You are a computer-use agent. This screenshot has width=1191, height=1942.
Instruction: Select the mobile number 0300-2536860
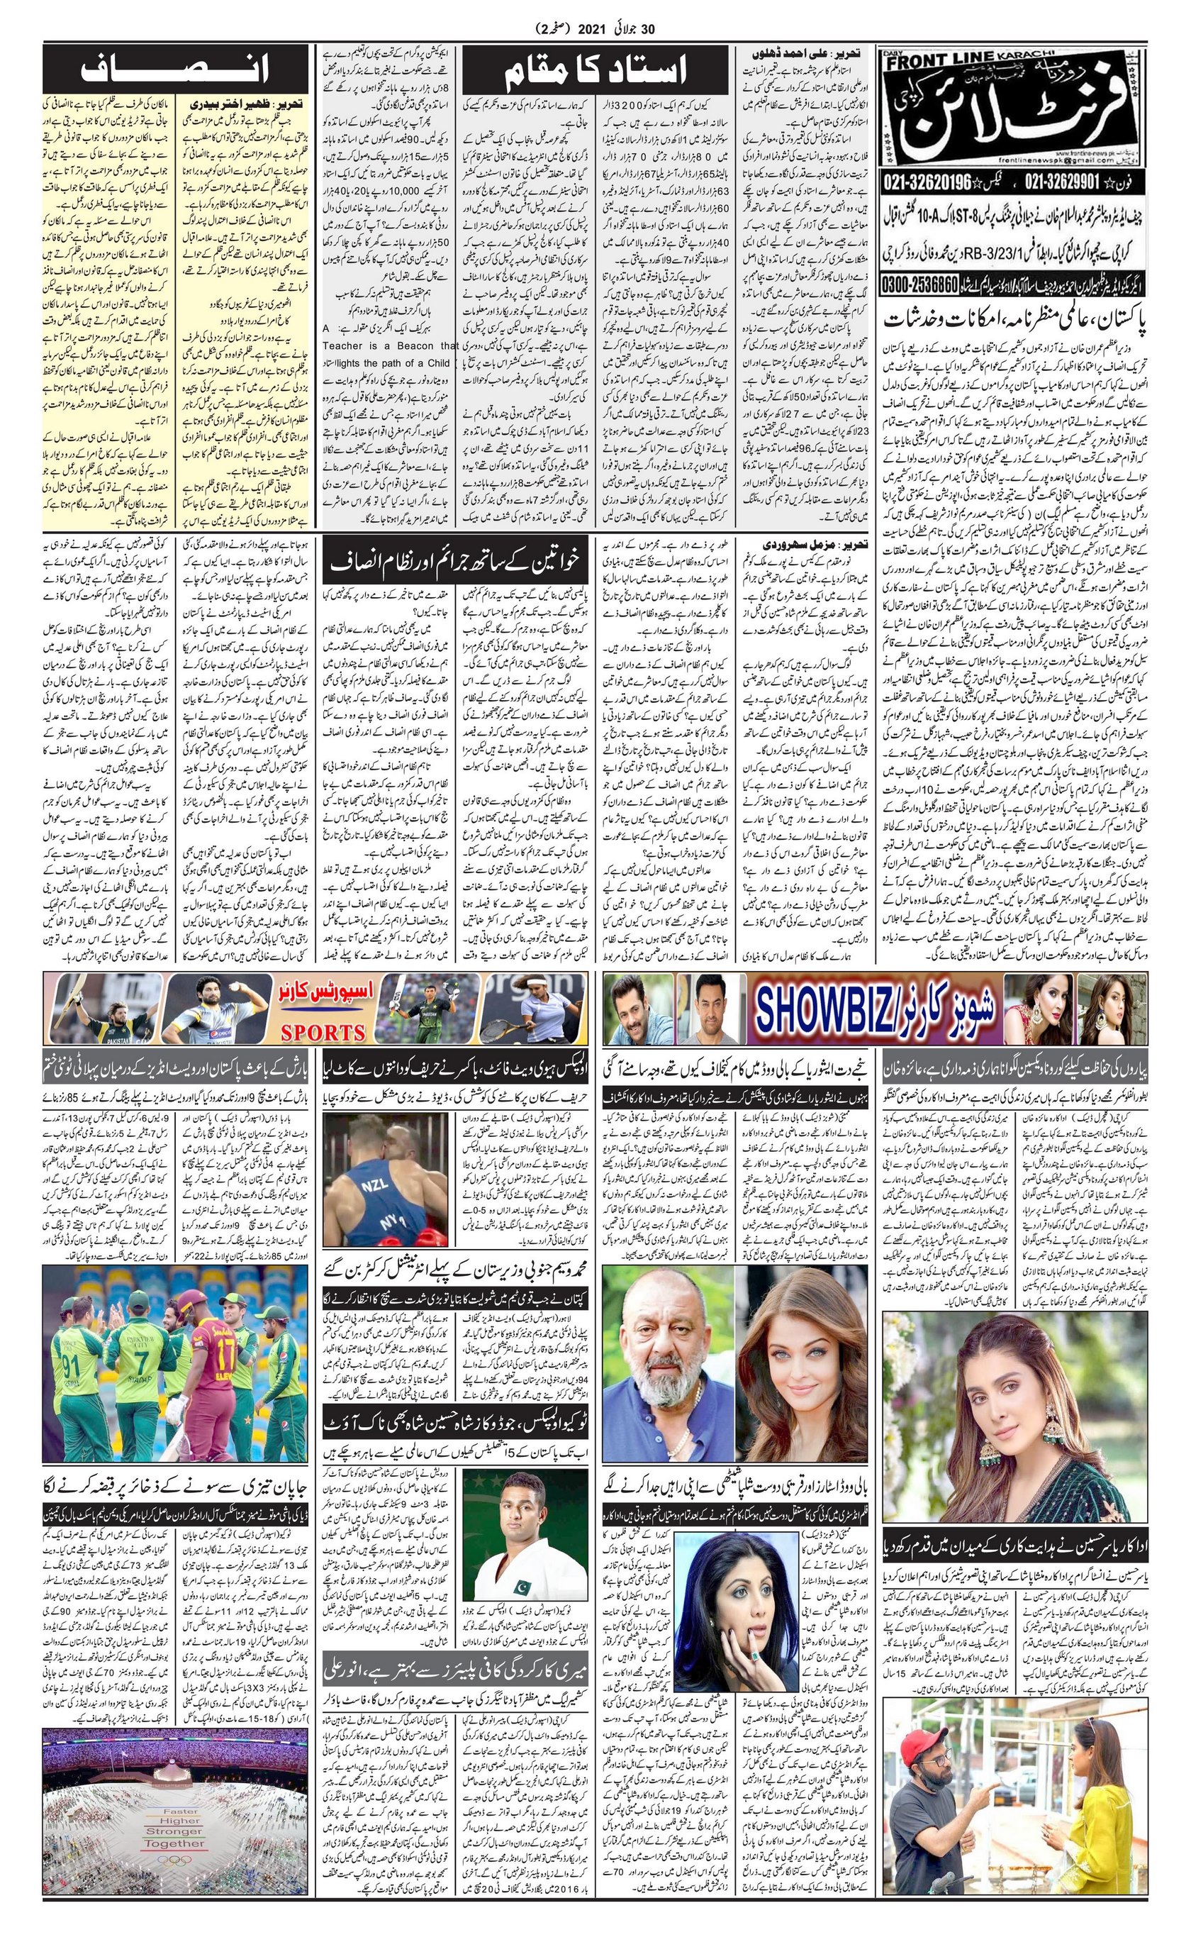click(x=921, y=282)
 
